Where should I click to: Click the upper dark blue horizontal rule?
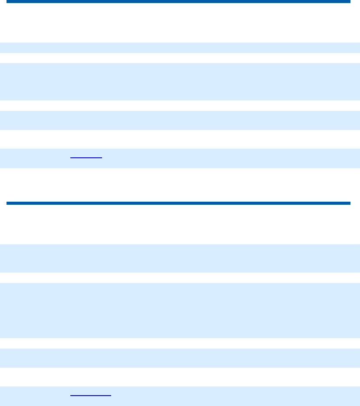(x=178, y=2)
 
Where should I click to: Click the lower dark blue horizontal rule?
(x=178, y=203)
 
